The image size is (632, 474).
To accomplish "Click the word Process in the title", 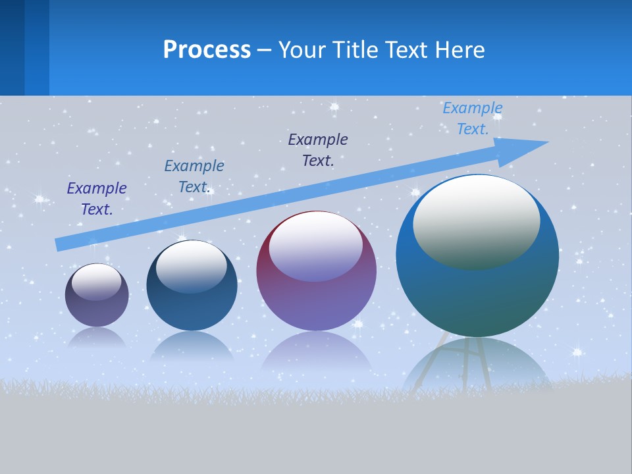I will click(x=207, y=50).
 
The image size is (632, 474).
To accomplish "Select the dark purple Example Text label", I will click(x=97, y=198).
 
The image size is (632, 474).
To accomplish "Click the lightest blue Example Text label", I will click(x=473, y=118).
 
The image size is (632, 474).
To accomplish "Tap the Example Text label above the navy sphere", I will click(x=194, y=176).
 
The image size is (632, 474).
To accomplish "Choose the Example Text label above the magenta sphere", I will click(x=318, y=149).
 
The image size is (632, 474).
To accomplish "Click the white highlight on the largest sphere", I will click(x=477, y=221).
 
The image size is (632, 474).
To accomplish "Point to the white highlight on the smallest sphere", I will click(x=97, y=281).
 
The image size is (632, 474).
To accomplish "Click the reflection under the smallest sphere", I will click(x=97, y=337).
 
